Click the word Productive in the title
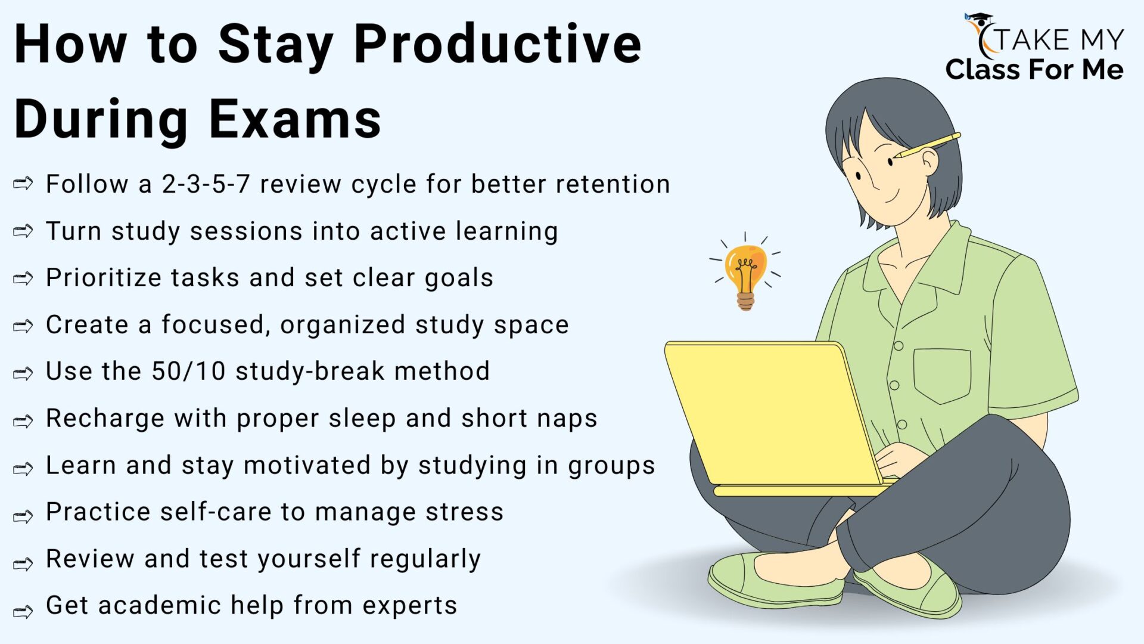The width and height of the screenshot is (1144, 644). (498, 45)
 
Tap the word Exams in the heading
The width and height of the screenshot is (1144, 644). (295, 119)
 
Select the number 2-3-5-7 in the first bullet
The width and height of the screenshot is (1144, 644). (206, 184)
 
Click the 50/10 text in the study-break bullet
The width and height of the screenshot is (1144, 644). (188, 371)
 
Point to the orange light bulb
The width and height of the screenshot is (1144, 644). (745, 271)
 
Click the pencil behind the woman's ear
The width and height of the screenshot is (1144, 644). (927, 145)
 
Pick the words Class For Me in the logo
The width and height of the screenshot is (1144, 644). (1034, 70)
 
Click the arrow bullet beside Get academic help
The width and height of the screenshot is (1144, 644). (23, 611)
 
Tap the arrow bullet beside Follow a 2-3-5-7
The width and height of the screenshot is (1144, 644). (23, 184)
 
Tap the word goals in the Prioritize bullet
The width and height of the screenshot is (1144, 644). (459, 278)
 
